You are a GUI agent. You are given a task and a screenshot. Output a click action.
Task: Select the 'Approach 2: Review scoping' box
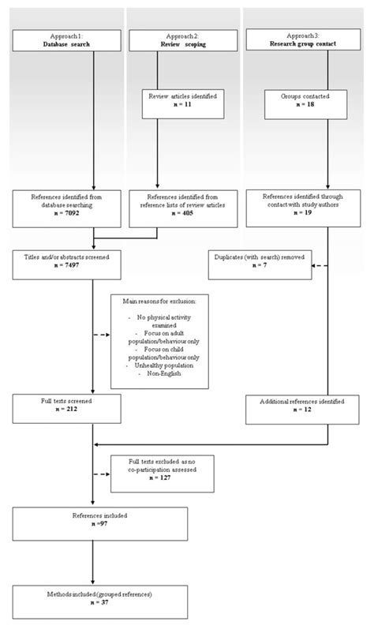point(182,41)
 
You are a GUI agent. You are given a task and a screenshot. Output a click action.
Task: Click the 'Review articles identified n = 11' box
point(182,100)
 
